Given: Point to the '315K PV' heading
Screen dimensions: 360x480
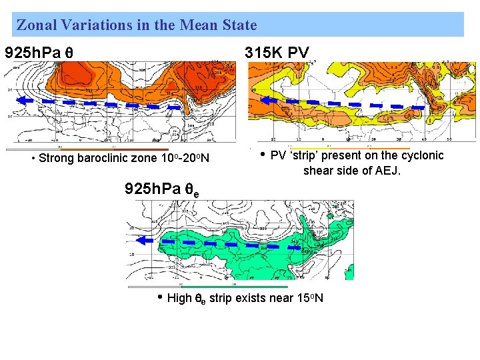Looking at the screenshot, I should click(277, 53).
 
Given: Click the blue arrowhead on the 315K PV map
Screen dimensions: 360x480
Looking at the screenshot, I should click(267, 100).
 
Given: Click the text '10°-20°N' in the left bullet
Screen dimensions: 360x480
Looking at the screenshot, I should click(185, 159).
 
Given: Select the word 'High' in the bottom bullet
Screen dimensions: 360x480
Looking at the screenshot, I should click(179, 298).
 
